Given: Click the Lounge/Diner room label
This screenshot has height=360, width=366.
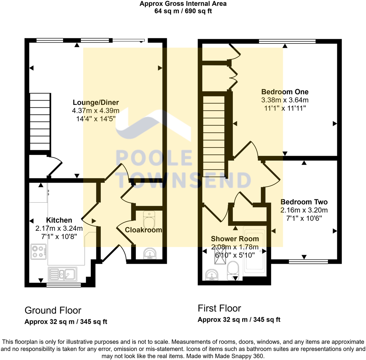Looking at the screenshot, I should pyautogui.click(x=96, y=102).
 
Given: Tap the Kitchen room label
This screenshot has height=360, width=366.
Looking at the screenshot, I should pyautogui.click(x=59, y=220).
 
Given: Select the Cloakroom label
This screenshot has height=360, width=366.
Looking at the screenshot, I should pyautogui.click(x=143, y=230).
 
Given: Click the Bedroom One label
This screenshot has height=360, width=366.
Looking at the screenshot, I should pyautogui.click(x=285, y=92).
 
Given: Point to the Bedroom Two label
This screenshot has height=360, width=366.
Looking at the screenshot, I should pyautogui.click(x=304, y=202).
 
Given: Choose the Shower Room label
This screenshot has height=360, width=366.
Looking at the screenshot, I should pyautogui.click(x=235, y=239).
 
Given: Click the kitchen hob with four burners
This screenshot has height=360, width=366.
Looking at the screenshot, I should pyautogui.click(x=39, y=251).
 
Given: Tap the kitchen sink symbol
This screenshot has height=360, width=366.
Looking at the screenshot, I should pyautogui.click(x=63, y=274).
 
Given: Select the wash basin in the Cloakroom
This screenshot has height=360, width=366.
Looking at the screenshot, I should pyautogui.click(x=150, y=254).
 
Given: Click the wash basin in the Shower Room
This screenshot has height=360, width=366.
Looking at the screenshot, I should pyautogui.click(x=212, y=275).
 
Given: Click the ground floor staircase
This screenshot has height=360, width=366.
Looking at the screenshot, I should pyautogui.click(x=40, y=122).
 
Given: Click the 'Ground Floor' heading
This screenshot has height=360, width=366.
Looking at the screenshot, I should pyautogui.click(x=53, y=310).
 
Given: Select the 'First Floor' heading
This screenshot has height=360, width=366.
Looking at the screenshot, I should pyautogui.click(x=219, y=308).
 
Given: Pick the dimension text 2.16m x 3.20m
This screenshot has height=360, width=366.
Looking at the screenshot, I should pyautogui.click(x=304, y=210).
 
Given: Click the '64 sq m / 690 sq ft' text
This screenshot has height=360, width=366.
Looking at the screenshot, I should pyautogui.click(x=183, y=11).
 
